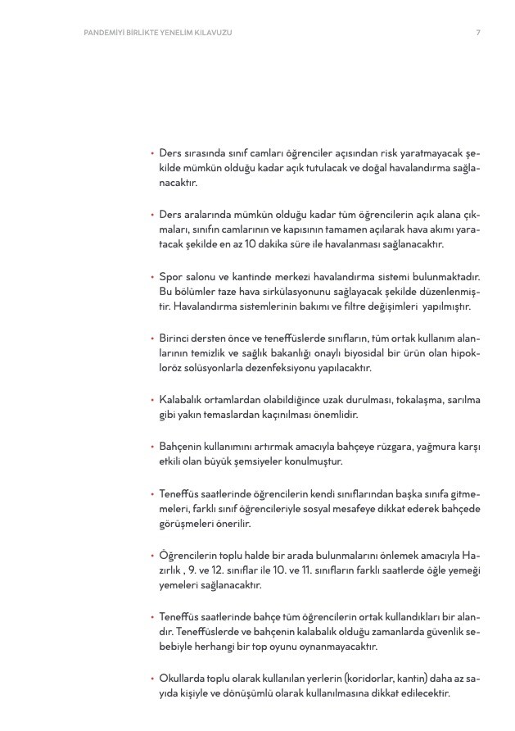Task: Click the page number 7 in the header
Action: tap(478, 33)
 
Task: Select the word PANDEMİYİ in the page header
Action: tap(106, 33)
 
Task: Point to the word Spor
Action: tap(169, 278)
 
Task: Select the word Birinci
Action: tap(175, 338)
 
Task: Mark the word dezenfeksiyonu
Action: tap(276, 368)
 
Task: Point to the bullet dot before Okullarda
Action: tap(151, 679)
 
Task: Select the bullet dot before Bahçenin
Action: tap(151, 447)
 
